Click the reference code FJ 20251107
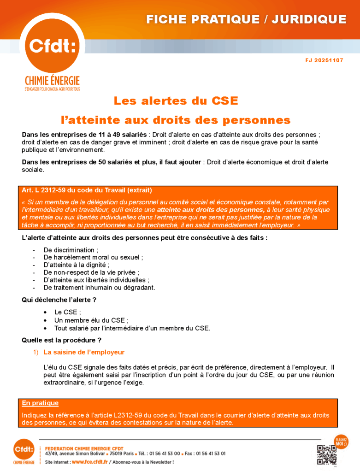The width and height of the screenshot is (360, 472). coord(324,60)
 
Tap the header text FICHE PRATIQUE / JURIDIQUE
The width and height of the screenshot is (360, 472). coord(246,19)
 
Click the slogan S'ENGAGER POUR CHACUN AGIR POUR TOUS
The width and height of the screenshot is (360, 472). coord(52,89)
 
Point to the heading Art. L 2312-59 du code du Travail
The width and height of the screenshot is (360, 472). coord(87,190)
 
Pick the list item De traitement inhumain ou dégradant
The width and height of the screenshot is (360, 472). coord(99,288)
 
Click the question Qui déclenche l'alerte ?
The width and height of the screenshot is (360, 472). coord(59,300)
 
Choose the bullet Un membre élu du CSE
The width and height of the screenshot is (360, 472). coord(91,320)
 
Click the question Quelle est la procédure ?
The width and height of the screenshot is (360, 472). coord(61,340)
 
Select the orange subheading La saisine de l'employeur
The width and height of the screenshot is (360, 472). coord(84,352)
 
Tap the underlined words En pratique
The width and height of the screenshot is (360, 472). coord(40,403)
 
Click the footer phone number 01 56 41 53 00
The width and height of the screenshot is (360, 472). coord(165,454)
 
